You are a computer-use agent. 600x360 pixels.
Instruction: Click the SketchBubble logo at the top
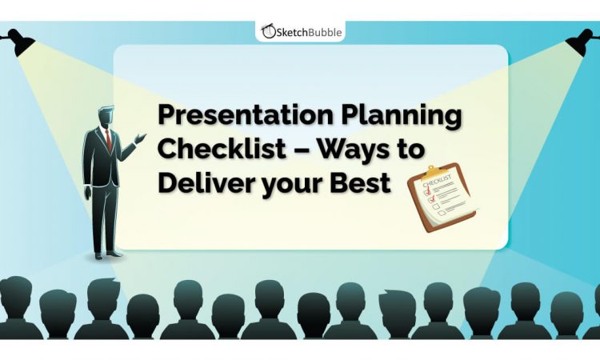[300, 30]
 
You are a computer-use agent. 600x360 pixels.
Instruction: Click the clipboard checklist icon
[441, 199]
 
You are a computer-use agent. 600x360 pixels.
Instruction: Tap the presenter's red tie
[109, 140]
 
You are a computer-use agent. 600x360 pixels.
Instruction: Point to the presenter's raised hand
[141, 139]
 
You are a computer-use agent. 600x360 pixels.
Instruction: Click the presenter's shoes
[107, 254]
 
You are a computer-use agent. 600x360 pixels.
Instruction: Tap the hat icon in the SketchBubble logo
[268, 31]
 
